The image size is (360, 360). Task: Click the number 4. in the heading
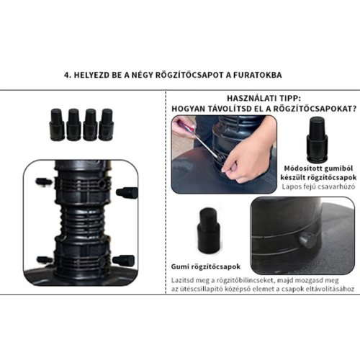tap(68, 75)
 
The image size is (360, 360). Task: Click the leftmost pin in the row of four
tap(57, 125)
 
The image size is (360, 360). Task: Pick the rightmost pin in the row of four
tap(107, 125)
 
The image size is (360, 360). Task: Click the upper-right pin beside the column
tap(127, 193)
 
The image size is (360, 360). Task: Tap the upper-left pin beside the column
tap(44, 181)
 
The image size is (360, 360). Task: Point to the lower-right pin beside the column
tap(124, 261)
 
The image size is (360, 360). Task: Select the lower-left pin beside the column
tap(45, 260)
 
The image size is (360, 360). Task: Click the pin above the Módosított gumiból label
tap(317, 140)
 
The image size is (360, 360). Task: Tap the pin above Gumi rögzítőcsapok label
tap(208, 230)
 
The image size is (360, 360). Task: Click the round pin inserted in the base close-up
tap(308, 240)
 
